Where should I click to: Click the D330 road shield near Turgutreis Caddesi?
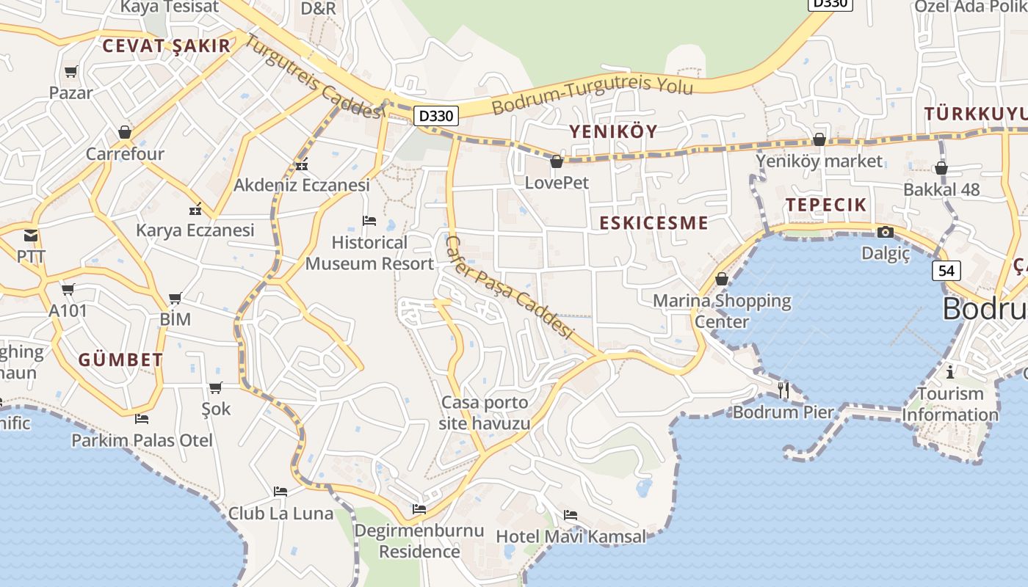coord(436,116)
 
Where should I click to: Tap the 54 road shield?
coord(946,271)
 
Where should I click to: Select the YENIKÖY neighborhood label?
coord(613,131)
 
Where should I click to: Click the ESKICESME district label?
coord(654,223)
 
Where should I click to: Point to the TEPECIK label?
coord(826,205)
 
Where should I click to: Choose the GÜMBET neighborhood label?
coord(120,360)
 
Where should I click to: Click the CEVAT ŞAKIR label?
coord(167,45)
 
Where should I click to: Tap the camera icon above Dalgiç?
coord(886,233)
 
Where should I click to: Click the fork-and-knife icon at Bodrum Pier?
coord(783,390)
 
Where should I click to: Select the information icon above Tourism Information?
coord(950,372)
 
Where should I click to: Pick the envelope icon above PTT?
coord(31,236)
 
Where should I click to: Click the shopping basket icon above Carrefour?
coord(125,133)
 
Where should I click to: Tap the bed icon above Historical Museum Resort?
coord(369,221)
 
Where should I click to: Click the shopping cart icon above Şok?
coord(215,387)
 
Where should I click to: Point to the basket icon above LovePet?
coord(557,161)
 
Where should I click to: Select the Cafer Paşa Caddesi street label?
coord(509,287)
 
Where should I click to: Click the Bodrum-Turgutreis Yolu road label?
coord(592,95)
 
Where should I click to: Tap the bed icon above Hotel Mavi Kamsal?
coord(571,515)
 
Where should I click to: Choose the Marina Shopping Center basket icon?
coord(722,279)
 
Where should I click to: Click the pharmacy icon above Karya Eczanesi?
coord(195,209)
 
